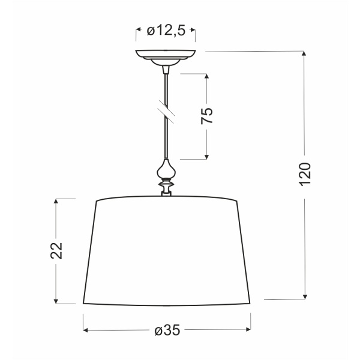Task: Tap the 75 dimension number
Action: click(206, 116)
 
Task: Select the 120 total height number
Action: click(305, 175)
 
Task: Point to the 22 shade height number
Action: click(56, 251)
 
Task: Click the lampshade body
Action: click(166, 252)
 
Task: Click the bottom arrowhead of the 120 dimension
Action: click(305, 295)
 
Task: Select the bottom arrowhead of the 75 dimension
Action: click(206, 157)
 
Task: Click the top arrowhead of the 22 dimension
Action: click(56, 202)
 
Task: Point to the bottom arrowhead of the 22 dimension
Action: click(56, 299)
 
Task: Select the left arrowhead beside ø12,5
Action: click(139, 31)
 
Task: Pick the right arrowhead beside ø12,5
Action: click(194, 31)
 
